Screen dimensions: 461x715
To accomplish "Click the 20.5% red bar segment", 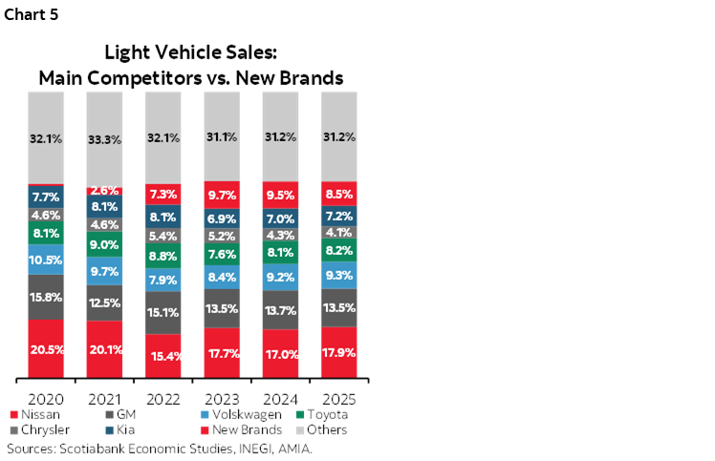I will click(46, 348).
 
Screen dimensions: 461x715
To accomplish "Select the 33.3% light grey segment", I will click(104, 138).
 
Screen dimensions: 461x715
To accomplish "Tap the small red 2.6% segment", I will click(104, 191).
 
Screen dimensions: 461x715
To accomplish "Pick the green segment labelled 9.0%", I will click(104, 244).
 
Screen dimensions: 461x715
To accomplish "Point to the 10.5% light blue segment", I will click(46, 260).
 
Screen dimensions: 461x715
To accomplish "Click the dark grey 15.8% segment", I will click(46, 297).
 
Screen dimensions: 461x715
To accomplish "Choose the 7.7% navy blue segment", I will click(46, 198).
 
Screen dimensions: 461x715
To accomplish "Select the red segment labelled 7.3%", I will click(162, 195).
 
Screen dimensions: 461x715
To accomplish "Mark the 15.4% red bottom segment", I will click(162, 355).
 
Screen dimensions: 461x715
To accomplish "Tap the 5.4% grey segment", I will click(162, 236).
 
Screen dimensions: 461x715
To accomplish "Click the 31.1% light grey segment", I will click(222, 136).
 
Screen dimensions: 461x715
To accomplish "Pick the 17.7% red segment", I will click(222, 352).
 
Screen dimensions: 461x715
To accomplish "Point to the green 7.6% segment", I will click(222, 255).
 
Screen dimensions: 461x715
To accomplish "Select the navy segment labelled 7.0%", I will click(280, 219).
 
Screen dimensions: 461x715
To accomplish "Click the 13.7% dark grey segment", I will click(280, 311).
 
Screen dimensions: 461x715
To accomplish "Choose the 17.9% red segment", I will click(339, 352).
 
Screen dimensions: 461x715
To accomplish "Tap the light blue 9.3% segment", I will click(339, 276).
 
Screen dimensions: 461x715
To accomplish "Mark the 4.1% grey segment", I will click(339, 233).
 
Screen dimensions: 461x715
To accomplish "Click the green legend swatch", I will click(300, 414).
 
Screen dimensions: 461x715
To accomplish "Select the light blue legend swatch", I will click(205, 414).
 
